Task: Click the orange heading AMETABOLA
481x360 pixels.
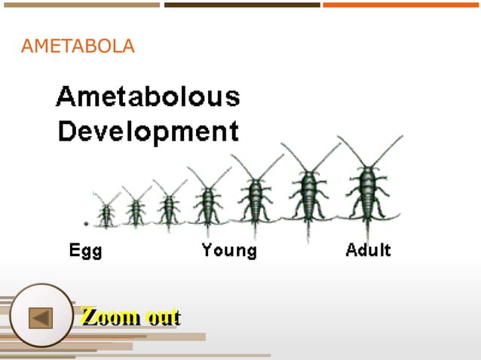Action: [x=78, y=47]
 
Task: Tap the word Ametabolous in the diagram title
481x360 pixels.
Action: [x=148, y=98]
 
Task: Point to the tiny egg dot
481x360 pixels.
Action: [x=86, y=224]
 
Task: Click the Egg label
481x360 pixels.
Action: [x=86, y=250]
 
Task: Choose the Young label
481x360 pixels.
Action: [x=228, y=250]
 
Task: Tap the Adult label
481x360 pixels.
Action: [x=368, y=250]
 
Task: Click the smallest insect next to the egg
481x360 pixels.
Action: [x=106, y=213]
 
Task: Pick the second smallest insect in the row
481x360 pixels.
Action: [x=136, y=209]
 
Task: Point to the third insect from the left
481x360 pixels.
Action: [x=169, y=205]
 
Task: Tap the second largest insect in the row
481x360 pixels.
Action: [x=308, y=193]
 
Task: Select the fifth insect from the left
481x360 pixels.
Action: [x=255, y=197]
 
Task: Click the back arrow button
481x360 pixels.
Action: [x=41, y=317]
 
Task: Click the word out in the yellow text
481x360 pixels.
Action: [x=163, y=316]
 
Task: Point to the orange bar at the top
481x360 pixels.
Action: [x=401, y=5]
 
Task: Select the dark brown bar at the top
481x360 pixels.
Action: [x=242, y=5]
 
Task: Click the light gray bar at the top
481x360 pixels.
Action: [x=80, y=5]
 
